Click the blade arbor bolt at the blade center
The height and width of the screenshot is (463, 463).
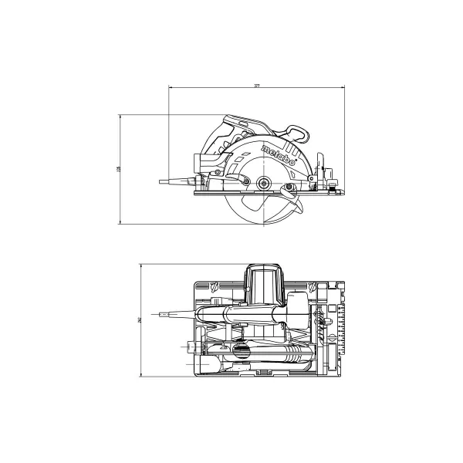265,183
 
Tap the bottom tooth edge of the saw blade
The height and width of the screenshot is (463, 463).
264,226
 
